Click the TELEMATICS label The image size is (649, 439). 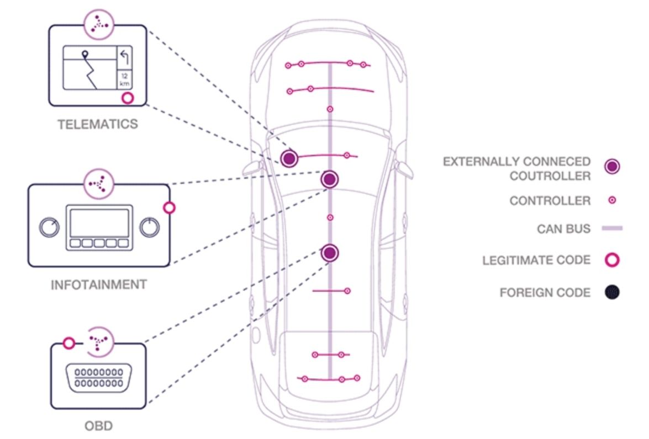(98, 124)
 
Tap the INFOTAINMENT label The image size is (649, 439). (99, 285)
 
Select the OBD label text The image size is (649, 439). (99, 426)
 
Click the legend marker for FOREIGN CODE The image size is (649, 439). (612, 292)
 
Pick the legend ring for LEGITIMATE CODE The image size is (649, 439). (612, 260)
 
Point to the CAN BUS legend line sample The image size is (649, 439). (611, 228)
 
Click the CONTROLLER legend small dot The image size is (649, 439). (612, 201)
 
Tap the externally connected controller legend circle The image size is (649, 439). (612, 167)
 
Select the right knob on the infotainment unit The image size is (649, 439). (149, 227)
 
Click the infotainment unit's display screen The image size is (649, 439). (99, 222)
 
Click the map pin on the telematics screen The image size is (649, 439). (85, 55)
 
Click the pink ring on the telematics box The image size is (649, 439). (128, 98)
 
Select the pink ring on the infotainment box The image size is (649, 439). (170, 207)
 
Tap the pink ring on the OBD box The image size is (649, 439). (68, 344)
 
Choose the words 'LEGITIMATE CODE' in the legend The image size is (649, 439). (536, 260)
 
